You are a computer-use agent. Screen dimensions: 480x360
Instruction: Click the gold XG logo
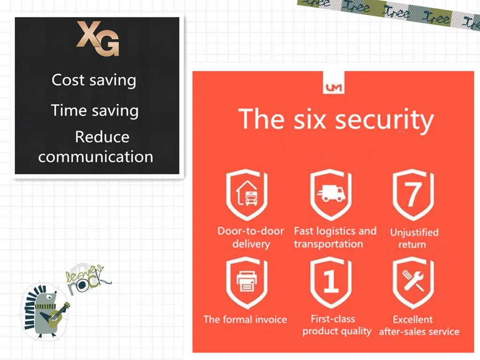pyautogui.click(x=97, y=38)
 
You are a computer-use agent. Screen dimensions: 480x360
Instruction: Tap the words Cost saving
pyautogui.click(x=94, y=81)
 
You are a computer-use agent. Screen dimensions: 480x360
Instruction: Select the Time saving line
pyautogui.click(x=95, y=111)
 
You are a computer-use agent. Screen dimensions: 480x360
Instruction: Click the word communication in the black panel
pyautogui.click(x=96, y=157)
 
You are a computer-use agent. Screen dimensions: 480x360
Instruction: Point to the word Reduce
pyautogui.click(x=102, y=136)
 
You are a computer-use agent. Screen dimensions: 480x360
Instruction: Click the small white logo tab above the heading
pyautogui.click(x=334, y=82)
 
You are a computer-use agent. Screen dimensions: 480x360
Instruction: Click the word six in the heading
pyautogui.click(x=309, y=120)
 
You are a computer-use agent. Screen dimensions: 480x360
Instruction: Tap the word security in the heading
pyautogui.click(x=384, y=120)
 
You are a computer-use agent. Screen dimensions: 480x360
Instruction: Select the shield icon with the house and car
pyautogui.click(x=247, y=195)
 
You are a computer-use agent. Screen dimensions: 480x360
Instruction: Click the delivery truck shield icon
pyautogui.click(x=331, y=195)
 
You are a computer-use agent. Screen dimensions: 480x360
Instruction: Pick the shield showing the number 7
pyautogui.click(x=413, y=195)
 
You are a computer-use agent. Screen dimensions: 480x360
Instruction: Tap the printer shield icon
pyautogui.click(x=247, y=283)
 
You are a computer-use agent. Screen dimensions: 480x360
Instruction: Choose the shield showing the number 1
pyautogui.click(x=331, y=283)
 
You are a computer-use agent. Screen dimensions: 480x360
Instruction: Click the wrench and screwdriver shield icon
pyautogui.click(x=413, y=283)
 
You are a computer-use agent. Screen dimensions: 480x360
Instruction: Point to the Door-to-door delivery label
pyautogui.click(x=251, y=237)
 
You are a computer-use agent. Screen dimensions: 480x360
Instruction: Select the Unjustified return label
pyautogui.click(x=414, y=238)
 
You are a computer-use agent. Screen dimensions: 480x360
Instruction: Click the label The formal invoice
pyautogui.click(x=245, y=320)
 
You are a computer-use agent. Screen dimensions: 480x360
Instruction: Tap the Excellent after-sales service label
pyautogui.click(x=419, y=325)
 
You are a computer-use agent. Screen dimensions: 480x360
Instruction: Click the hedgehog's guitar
pyautogui.click(x=55, y=315)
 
